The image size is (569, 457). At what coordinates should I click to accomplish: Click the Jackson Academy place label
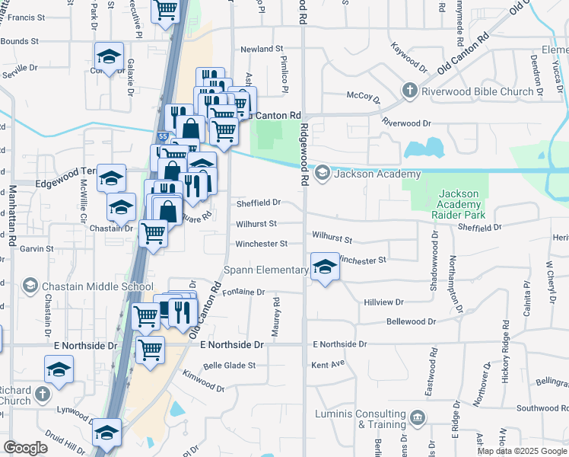(367, 174)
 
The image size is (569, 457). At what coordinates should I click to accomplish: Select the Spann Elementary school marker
(325, 267)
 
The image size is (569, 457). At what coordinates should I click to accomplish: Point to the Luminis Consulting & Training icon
(418, 417)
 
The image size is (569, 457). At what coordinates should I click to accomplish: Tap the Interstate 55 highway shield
(164, 137)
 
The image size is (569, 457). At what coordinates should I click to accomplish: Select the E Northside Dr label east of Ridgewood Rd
(339, 344)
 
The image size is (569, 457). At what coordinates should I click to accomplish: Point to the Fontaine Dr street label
(245, 292)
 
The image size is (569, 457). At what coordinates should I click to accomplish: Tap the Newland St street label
(262, 49)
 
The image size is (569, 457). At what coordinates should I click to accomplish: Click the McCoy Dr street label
(363, 97)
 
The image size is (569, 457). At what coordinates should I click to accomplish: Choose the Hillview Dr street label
(383, 302)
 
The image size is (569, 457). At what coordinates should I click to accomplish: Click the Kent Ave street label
(328, 365)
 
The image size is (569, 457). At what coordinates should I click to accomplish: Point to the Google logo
(25, 448)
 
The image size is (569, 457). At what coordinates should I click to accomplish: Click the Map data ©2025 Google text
(521, 451)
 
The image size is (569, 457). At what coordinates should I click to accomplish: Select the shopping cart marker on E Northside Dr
(150, 350)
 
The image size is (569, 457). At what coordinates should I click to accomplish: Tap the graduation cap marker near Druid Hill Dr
(106, 432)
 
